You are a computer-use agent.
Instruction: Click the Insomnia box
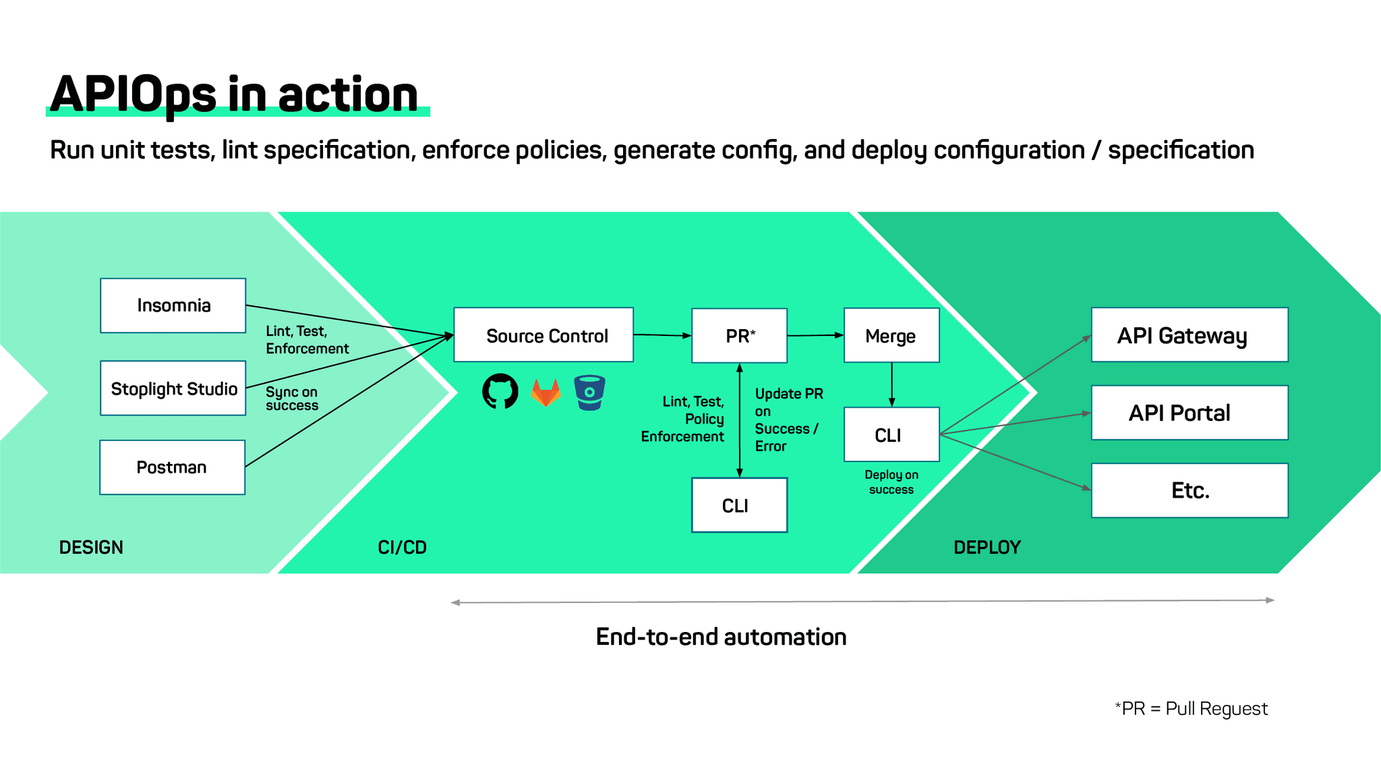coord(173,306)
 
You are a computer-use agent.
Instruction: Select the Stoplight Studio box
coord(173,388)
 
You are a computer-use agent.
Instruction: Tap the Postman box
coord(172,467)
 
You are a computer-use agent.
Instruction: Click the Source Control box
coord(543,335)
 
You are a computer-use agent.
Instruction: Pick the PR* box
coord(739,335)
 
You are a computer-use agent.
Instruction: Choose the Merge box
coord(891,335)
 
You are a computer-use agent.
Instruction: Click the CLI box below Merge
coord(891,434)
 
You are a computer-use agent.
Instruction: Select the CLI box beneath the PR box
coord(739,505)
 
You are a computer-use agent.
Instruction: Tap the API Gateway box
coord(1189,335)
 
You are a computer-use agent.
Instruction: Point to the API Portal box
coord(1189,413)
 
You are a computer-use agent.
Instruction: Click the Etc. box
coord(1189,490)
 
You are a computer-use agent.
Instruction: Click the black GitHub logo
coord(500,391)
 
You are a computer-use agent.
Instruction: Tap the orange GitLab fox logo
coord(546,393)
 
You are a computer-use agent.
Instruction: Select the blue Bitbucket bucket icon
coord(589,393)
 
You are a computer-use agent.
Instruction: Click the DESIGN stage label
coord(91,547)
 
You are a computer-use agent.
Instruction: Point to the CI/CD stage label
coord(402,547)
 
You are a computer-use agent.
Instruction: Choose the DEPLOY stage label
coord(987,547)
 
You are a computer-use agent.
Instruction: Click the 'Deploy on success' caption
coord(891,482)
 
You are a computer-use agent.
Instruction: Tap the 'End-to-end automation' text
coord(721,637)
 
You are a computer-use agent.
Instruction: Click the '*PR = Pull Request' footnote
coord(1192,708)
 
